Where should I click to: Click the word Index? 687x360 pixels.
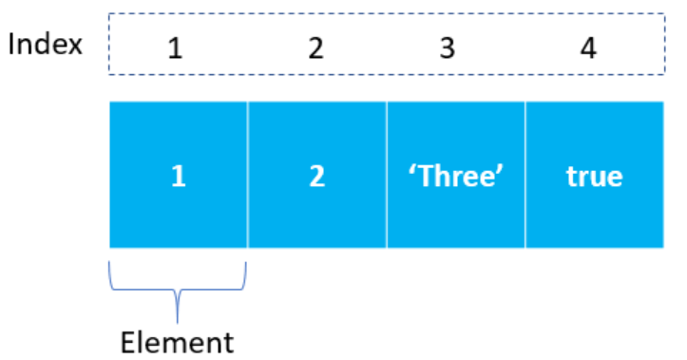coord(45,45)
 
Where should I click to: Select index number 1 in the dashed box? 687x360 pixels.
coord(175,47)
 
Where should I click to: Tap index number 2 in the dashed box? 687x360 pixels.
coord(315,47)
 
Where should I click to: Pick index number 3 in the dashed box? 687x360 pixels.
coord(448,47)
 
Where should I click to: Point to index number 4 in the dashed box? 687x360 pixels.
coord(588,47)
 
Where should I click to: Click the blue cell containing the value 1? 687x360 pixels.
coord(179,175)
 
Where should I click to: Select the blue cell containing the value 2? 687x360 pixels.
coord(317,175)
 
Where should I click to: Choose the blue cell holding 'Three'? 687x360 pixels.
coord(455,175)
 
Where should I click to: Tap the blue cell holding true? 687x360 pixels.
coord(594,175)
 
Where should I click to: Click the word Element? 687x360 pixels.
coord(177,340)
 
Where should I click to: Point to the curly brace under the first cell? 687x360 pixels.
coord(178,285)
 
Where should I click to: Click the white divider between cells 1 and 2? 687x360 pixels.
coord(248,175)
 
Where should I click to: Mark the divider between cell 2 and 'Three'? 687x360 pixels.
coord(387,175)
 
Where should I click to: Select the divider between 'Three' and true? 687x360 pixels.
coord(525,175)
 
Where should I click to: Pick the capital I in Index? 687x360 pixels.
coord(12,45)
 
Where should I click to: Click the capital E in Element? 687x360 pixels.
coord(127,340)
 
